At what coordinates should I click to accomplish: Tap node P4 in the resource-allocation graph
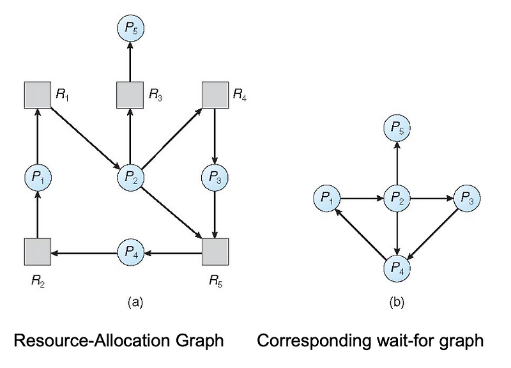(x=130, y=252)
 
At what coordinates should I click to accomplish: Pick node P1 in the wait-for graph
(x=327, y=199)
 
